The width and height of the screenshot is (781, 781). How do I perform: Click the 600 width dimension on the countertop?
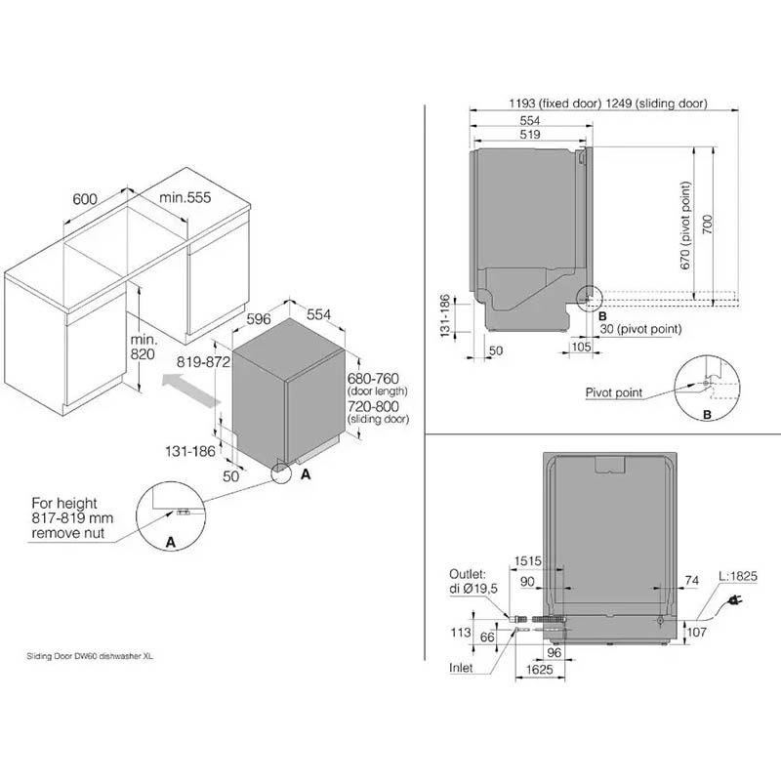click(85, 199)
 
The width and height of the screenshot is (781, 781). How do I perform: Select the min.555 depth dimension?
click(185, 197)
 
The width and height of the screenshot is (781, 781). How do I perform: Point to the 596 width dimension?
click(259, 319)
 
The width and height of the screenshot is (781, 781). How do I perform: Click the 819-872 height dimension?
click(203, 362)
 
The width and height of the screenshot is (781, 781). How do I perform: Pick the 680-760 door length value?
click(373, 379)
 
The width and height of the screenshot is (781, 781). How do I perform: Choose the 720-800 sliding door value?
click(373, 406)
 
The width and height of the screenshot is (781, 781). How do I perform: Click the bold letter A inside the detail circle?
click(170, 542)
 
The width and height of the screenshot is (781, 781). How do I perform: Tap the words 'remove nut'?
click(67, 533)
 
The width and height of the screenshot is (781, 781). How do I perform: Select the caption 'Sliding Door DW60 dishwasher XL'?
click(90, 656)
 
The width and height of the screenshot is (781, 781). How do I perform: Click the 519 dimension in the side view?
click(530, 135)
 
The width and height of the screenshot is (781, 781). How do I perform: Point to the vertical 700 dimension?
click(707, 225)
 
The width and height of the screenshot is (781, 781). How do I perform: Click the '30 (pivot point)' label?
click(640, 329)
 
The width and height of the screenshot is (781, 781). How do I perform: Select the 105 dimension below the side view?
click(581, 347)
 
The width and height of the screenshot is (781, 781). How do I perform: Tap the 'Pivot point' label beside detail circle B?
click(614, 392)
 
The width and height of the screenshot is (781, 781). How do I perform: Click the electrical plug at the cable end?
click(735, 600)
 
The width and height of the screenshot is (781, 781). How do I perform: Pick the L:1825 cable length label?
click(738, 576)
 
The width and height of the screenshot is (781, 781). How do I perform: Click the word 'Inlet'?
click(461, 668)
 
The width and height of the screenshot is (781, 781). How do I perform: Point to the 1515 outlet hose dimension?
click(527, 561)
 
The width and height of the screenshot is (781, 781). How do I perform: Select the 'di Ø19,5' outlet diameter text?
click(473, 589)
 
